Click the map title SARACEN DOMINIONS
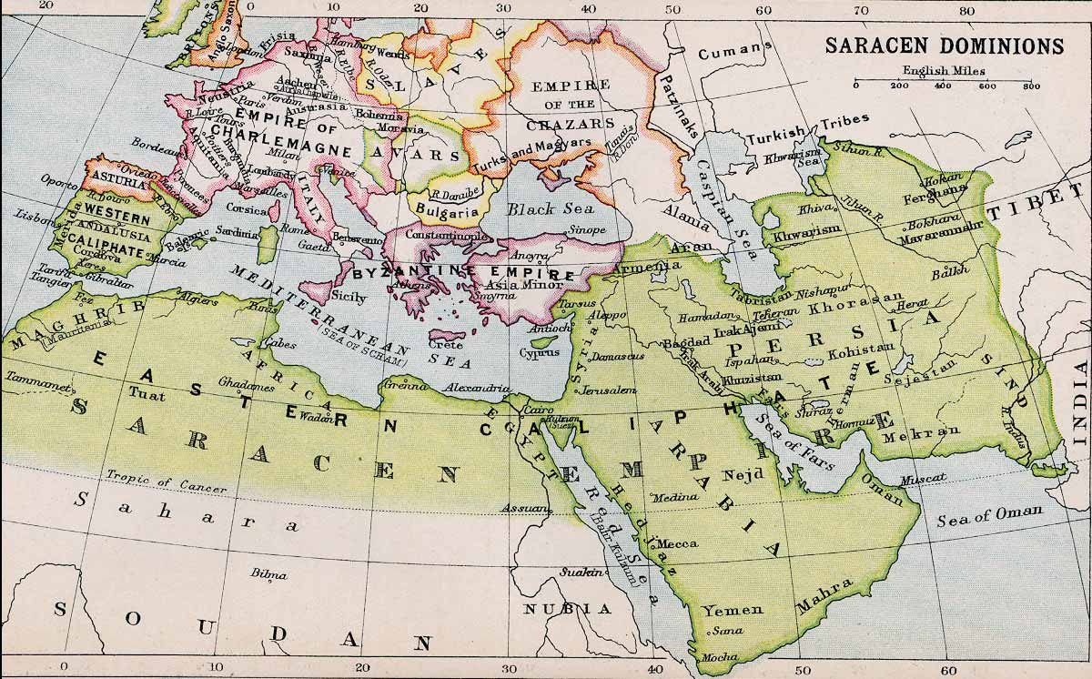point(944,46)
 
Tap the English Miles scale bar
point(943,83)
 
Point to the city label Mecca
point(677,543)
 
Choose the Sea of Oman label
point(990,515)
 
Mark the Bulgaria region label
point(447,211)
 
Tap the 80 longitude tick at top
point(966,12)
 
